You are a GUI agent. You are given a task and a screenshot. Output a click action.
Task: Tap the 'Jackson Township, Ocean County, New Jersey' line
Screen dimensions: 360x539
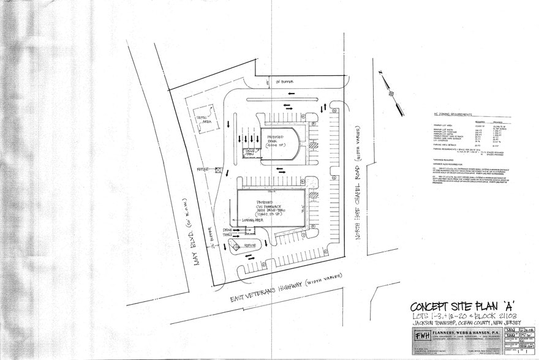tap(462, 323)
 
